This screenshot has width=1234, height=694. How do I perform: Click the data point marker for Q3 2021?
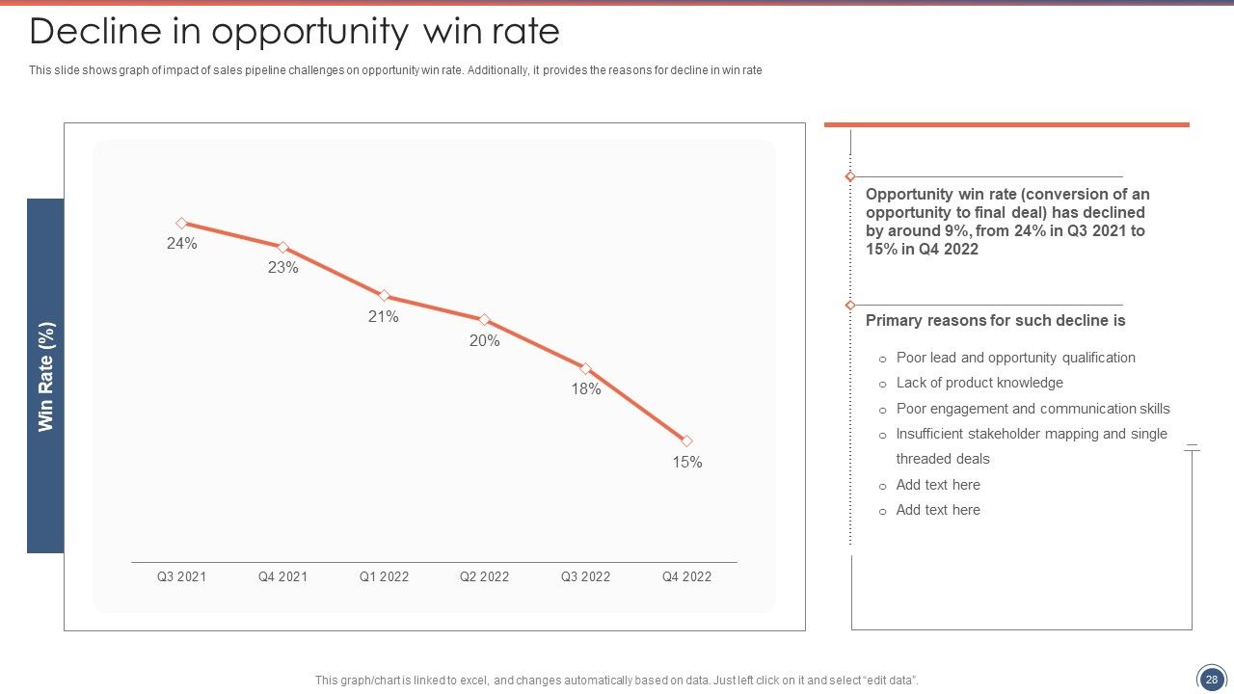coord(182,223)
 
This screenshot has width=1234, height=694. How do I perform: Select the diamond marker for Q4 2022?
coord(686,440)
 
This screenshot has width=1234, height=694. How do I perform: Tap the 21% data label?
coord(384,317)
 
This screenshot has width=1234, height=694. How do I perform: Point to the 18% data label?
coord(585,389)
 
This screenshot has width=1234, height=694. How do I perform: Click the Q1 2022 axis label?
coord(384,576)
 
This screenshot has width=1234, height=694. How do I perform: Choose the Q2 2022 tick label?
coord(484,576)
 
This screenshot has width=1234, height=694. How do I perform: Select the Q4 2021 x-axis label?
coord(282,576)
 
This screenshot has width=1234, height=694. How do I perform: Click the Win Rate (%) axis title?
coord(45,377)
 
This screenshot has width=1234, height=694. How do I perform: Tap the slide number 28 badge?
coord(1212,680)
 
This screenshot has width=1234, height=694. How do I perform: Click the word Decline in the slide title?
coord(95,31)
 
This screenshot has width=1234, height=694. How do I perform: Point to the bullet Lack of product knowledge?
coord(979,383)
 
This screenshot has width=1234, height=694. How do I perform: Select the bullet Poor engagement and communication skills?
coord(1033,409)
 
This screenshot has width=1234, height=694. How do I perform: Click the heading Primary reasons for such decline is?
coord(996,321)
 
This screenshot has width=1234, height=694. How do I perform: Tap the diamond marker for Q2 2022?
coord(484,319)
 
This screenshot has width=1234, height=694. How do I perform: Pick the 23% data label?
coord(283,268)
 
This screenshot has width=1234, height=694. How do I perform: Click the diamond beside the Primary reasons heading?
coord(850,306)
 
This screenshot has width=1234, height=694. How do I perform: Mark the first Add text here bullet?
coord(938,485)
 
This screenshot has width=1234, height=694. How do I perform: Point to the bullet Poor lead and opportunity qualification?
coord(1016,358)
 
